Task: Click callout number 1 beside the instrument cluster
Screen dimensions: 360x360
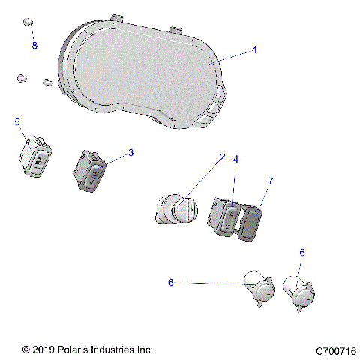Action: click(254, 50)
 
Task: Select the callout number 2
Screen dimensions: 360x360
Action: click(222, 158)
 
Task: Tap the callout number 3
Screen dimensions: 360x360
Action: click(130, 153)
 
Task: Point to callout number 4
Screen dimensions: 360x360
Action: click(235, 160)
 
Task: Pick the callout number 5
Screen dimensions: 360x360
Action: click(17, 121)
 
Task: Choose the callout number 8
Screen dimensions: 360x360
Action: click(34, 46)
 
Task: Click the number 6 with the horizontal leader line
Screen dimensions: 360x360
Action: click(171, 282)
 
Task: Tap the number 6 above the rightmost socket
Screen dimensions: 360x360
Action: click(302, 253)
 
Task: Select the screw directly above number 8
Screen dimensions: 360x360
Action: click(29, 22)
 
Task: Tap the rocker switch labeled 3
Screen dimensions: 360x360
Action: click(90, 170)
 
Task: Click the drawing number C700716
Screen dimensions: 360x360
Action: click(335, 350)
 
